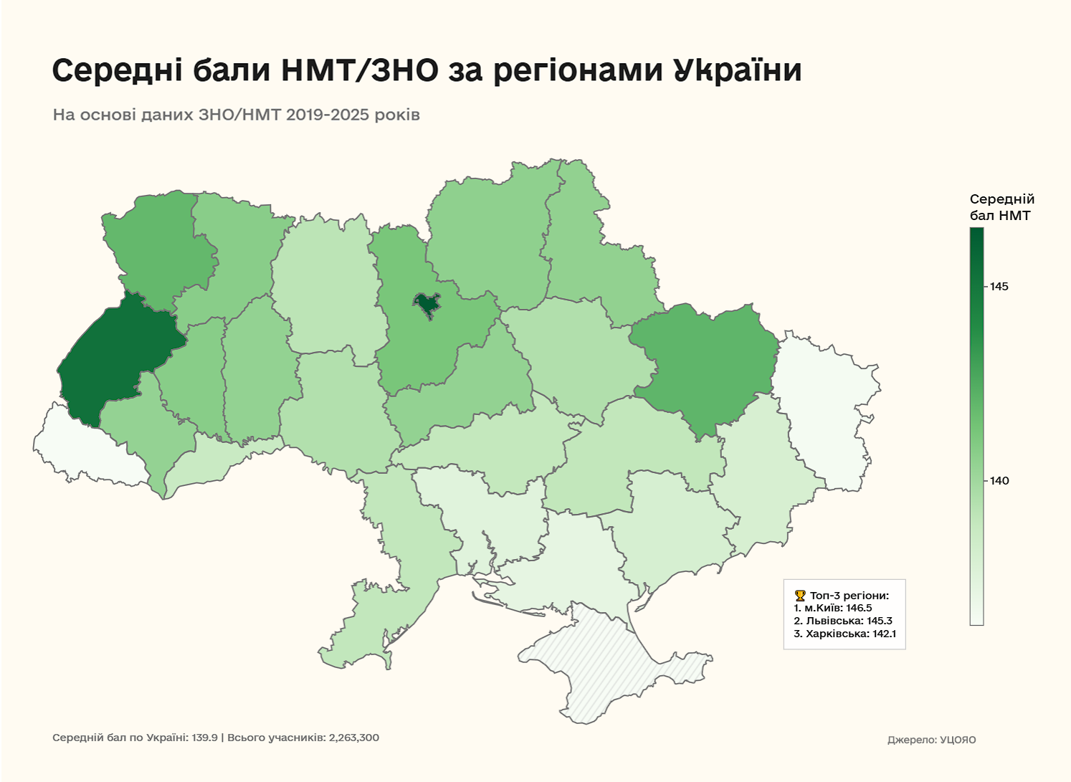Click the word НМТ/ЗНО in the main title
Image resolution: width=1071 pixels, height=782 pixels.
pyautogui.click(x=359, y=71)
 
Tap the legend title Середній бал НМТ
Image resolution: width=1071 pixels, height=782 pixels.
pyautogui.click(x=1001, y=207)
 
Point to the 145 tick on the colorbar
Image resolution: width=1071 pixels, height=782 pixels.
pyautogui.click(x=999, y=287)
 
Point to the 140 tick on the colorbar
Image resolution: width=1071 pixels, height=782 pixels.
pyautogui.click(x=999, y=481)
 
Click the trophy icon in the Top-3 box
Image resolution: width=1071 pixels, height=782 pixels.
pyautogui.click(x=800, y=596)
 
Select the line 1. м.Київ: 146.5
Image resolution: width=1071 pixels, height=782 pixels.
pyautogui.click(x=832, y=608)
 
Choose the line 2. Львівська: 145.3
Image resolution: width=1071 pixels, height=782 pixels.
pyautogui.click(x=842, y=621)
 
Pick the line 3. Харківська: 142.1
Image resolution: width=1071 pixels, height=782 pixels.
pyautogui.click(x=844, y=634)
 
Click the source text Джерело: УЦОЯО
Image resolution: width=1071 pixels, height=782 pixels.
pyautogui.click(x=931, y=740)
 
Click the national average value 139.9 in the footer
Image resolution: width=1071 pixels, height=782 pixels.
pyautogui.click(x=204, y=738)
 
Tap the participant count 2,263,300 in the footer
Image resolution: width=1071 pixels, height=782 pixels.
pyautogui.click(x=353, y=738)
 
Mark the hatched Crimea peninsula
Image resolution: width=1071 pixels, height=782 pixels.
pyautogui.click(x=609, y=667)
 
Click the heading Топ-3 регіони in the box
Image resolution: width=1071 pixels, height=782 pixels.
pyautogui.click(x=849, y=596)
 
